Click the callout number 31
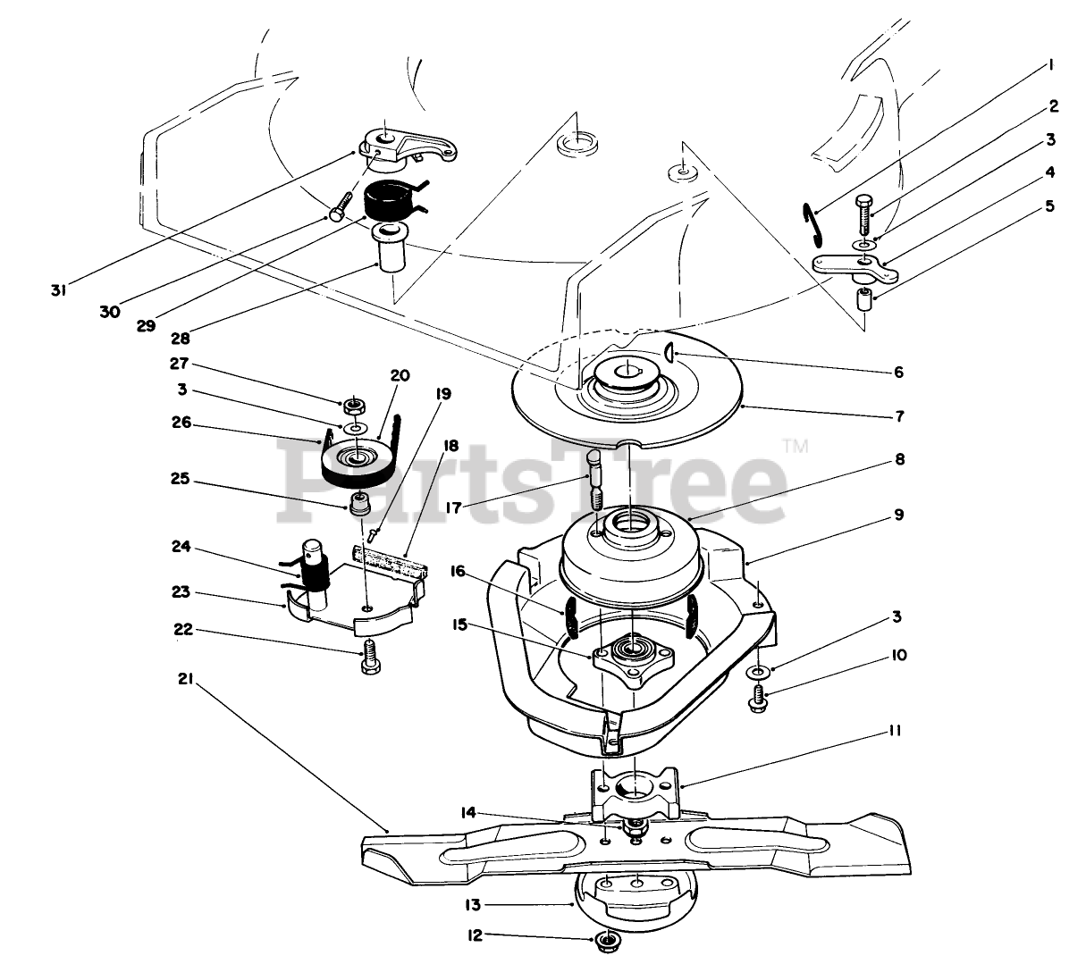point(58,289)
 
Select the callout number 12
point(475,936)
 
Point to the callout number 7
point(899,416)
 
